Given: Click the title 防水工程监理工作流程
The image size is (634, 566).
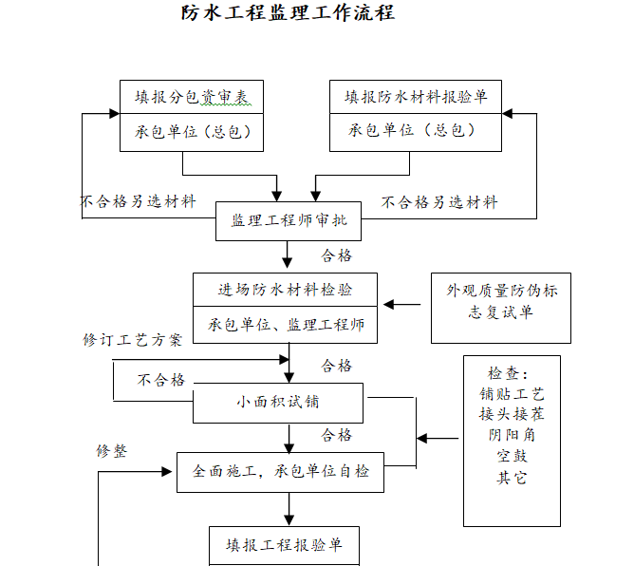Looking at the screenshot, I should point(288,13).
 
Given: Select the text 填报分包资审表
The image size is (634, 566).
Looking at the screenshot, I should point(191,97).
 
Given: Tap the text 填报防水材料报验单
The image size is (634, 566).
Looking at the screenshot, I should point(415,97).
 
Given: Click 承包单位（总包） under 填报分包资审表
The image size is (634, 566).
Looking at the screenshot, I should point(191,131).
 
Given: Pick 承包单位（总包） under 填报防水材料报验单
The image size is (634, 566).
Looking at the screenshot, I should point(415,131).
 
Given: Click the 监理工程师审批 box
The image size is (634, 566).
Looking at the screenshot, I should point(289,221).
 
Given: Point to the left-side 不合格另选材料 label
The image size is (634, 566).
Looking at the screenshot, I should point(138,202).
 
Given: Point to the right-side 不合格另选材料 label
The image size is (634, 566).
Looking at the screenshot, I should point(439,202).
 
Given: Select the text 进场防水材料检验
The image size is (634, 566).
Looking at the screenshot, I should point(286,290).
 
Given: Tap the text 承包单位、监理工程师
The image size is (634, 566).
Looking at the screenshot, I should point(286,325).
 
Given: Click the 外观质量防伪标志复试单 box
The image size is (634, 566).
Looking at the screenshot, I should point(501,302).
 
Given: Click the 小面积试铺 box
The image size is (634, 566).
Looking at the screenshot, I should point(278,402).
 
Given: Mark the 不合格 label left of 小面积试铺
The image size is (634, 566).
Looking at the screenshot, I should point(160,380).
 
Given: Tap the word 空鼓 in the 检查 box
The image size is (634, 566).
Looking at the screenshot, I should point(512,456).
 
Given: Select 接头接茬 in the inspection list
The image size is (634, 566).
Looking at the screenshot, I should point(512,414).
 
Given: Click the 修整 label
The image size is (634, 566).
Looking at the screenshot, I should point(111,451).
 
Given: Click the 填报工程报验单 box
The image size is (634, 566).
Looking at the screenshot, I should point(284,546).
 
